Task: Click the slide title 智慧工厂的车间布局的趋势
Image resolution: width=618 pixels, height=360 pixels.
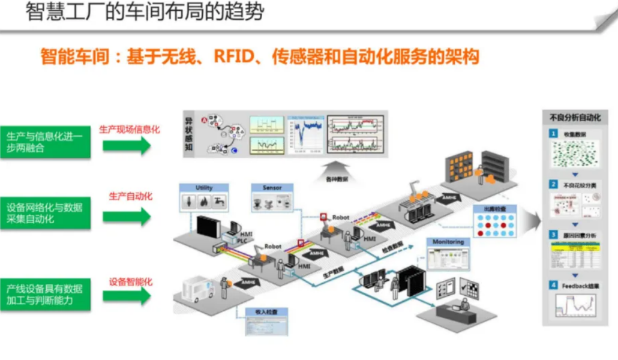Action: [x=145, y=13]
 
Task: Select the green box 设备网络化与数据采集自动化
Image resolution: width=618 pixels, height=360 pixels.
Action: [x=46, y=213]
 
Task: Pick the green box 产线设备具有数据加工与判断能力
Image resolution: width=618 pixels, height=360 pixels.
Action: [x=46, y=294]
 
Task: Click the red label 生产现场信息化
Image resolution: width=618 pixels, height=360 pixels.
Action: [x=130, y=129]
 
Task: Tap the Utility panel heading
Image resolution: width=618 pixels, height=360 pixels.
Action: [x=204, y=188]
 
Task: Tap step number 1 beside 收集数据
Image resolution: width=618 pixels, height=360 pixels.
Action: [x=555, y=133]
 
